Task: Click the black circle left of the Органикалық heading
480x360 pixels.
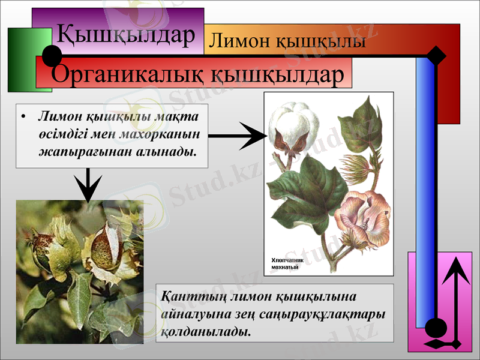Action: (53, 57)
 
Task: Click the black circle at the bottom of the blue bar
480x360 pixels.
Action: (436, 328)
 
